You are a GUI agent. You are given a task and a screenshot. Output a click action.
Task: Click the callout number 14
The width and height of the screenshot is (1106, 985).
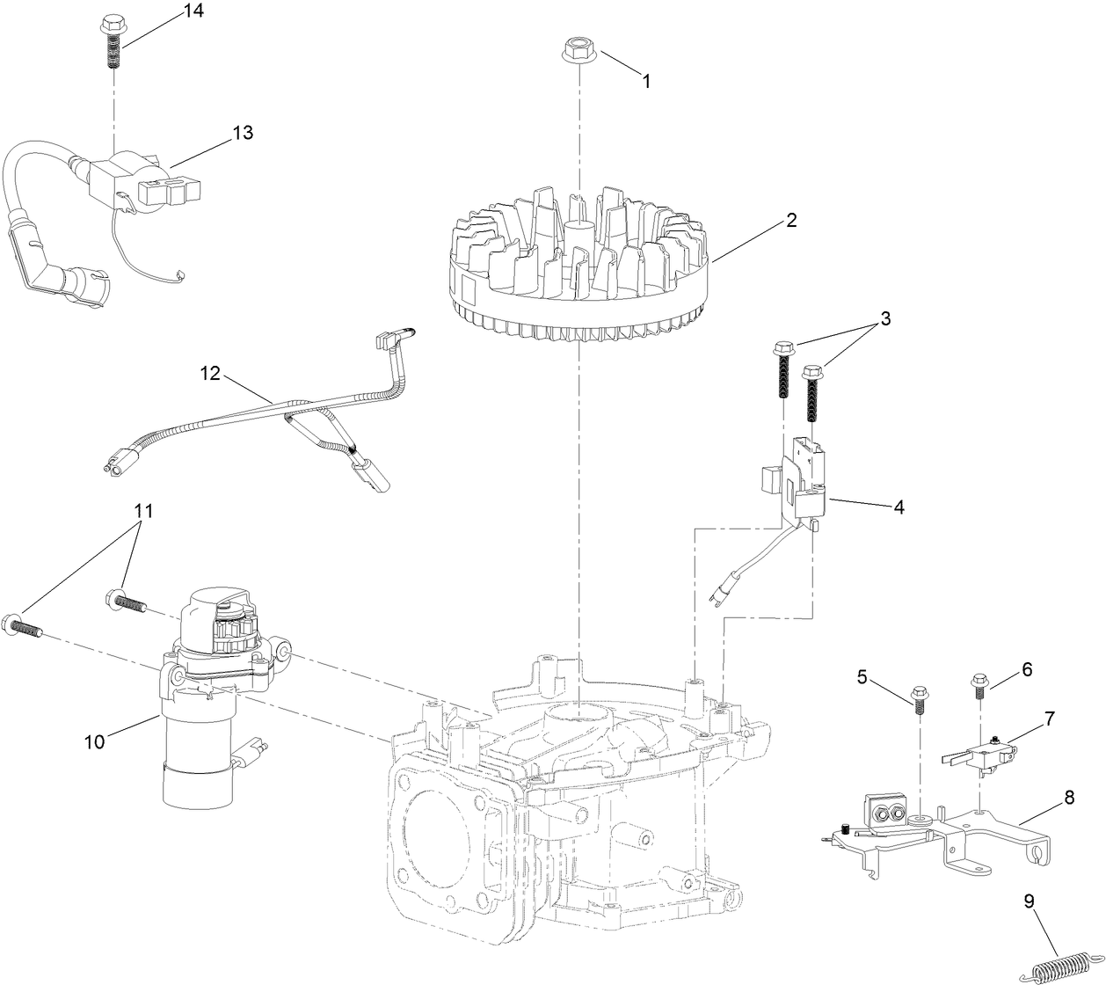tap(193, 11)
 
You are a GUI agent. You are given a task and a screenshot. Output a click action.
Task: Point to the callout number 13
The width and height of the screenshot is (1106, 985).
tap(242, 133)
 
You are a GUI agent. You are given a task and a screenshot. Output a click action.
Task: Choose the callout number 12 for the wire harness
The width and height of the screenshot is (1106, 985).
tap(209, 372)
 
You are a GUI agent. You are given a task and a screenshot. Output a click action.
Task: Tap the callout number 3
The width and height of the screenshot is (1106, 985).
tap(885, 319)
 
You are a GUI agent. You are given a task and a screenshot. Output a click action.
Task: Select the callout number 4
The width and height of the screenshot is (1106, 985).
tap(898, 507)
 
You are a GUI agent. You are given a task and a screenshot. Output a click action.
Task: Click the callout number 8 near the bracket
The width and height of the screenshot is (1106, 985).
tap(1068, 799)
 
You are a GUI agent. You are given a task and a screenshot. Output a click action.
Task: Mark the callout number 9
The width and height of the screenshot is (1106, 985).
tap(1029, 900)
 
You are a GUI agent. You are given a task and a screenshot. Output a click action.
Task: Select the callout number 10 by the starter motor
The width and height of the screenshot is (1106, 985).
tap(94, 741)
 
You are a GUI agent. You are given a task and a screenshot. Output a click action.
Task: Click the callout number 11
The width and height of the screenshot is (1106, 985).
tap(143, 511)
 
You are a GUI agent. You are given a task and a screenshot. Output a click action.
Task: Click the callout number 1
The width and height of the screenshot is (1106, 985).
tap(646, 81)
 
